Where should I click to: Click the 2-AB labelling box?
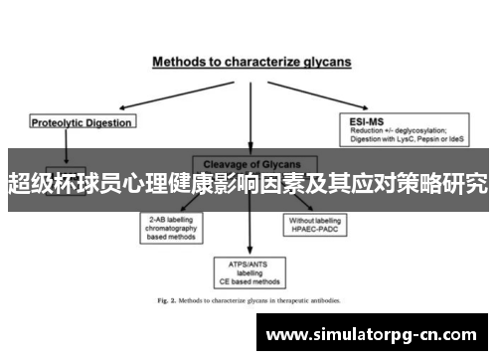[x=172, y=228]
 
